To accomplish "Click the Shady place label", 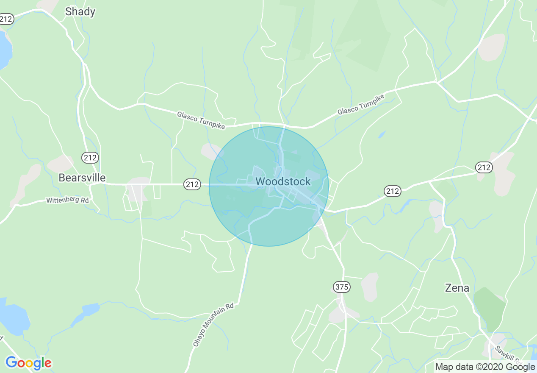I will (x=80, y=11).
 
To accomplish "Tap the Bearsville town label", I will (x=82, y=177).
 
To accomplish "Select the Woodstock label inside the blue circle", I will (x=283, y=181).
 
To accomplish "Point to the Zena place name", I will (x=457, y=288).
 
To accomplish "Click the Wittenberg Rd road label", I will (x=67, y=199).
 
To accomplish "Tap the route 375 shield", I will (x=341, y=287).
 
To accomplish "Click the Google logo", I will (x=28, y=363).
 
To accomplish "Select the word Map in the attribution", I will (x=444, y=367).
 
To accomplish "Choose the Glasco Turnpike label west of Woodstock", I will (x=201, y=120).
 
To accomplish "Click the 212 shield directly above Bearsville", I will (x=90, y=158).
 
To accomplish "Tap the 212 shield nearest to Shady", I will (x=6, y=19).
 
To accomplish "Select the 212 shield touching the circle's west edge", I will (x=192, y=184).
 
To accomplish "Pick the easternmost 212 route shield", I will (x=484, y=167).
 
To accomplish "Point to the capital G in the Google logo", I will (x=11, y=363).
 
